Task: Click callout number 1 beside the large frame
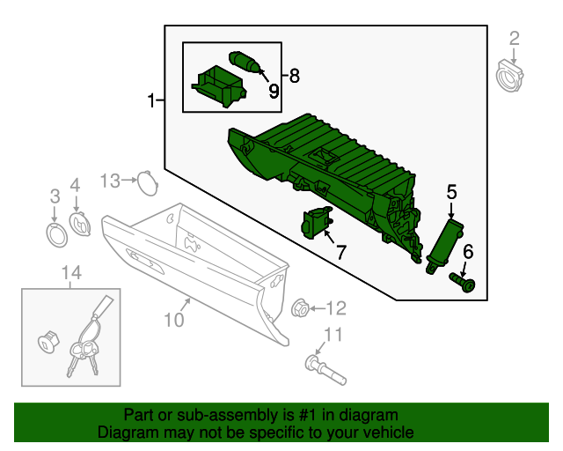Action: [x=151, y=101]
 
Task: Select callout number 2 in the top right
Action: [x=515, y=38]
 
